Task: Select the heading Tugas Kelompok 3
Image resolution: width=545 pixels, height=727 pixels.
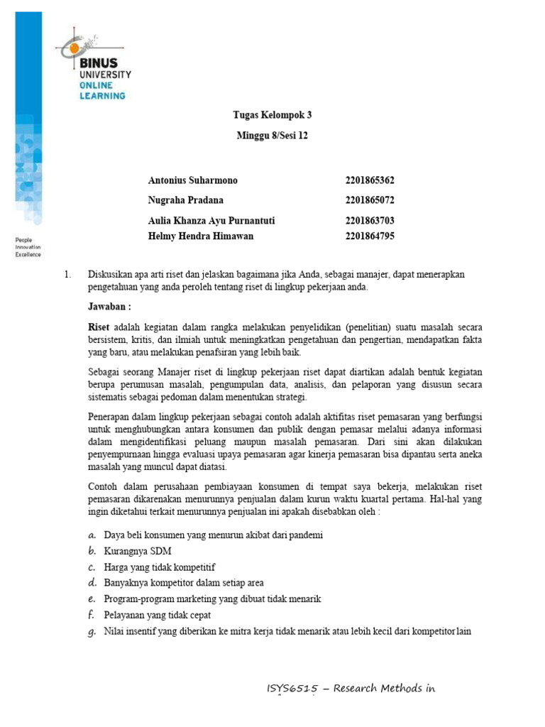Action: (x=272, y=115)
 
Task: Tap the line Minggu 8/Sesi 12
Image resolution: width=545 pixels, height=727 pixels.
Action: (x=272, y=136)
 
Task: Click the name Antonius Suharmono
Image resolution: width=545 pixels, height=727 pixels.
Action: (x=193, y=180)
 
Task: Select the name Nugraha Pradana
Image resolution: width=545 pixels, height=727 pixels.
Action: (x=186, y=200)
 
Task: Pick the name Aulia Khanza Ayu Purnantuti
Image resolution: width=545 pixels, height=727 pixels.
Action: (x=211, y=221)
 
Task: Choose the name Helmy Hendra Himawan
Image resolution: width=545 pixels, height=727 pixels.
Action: (x=201, y=236)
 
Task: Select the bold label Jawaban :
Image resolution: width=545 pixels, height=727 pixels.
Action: (x=109, y=307)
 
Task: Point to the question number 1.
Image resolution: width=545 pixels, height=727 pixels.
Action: (x=67, y=274)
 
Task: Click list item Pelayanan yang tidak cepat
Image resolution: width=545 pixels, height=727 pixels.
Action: (x=157, y=615)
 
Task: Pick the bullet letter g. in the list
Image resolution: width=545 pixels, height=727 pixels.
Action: (x=92, y=632)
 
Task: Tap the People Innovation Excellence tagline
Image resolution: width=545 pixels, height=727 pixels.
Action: (x=28, y=247)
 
